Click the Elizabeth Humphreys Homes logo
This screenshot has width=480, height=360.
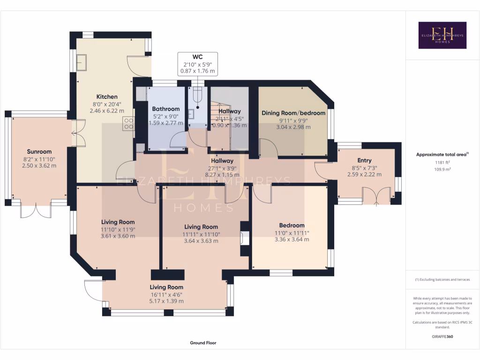click(442, 35)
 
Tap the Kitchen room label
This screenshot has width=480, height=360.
click(107, 97)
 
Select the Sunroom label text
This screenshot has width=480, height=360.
click(39, 151)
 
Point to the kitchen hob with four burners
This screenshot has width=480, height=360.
click(128, 124)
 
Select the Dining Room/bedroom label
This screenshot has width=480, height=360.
click(293, 112)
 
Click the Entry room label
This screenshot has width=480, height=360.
click(364, 160)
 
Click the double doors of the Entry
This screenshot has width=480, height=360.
click(377, 195)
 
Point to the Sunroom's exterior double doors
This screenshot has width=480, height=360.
click(36, 210)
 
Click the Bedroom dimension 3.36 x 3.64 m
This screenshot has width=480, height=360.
click(292, 239)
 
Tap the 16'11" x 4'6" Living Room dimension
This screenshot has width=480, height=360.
click(166, 294)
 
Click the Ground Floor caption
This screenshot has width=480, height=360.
click(203, 343)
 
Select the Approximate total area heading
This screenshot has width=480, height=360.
click(442, 154)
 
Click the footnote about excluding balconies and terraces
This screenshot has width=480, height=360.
click(442, 279)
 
